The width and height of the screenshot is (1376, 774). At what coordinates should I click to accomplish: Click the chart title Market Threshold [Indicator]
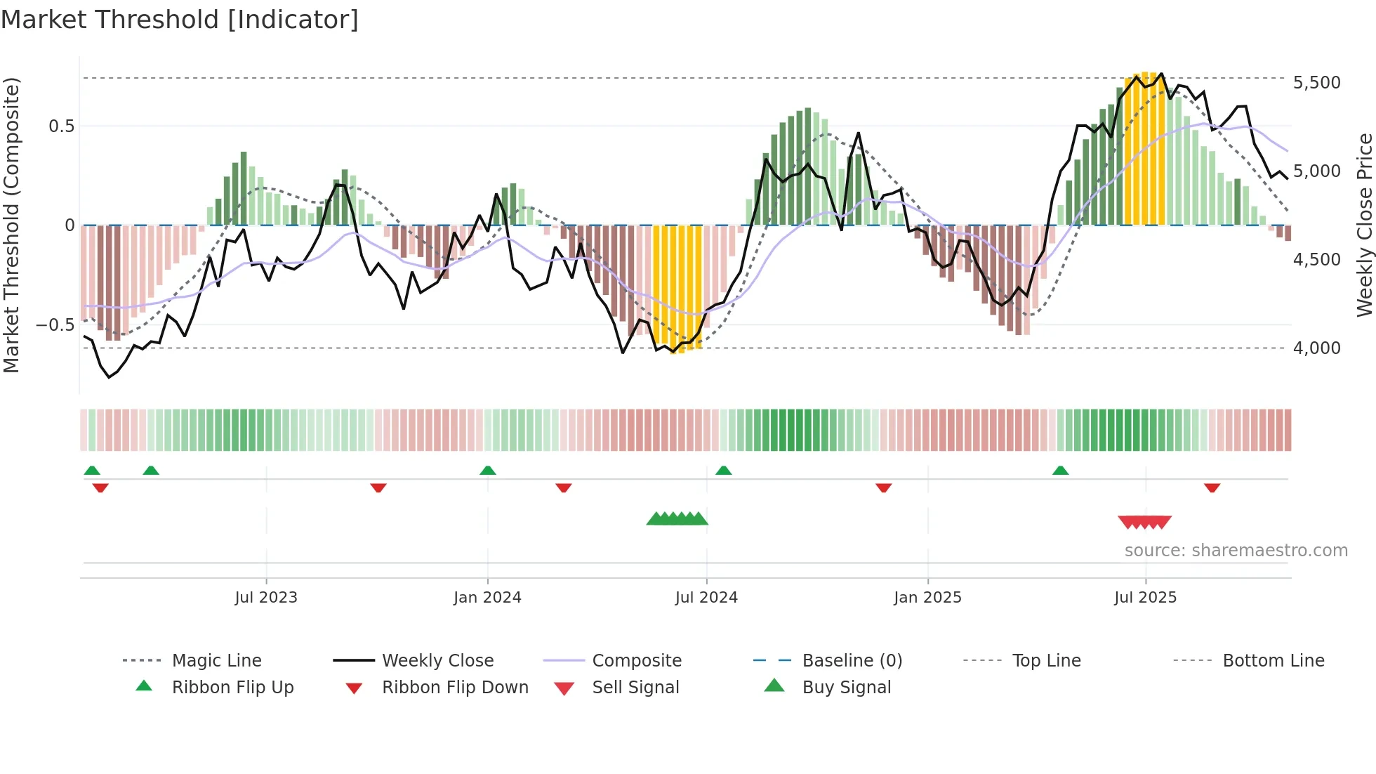click(x=180, y=20)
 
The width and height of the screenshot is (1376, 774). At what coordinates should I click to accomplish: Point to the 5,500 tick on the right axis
click(x=1316, y=83)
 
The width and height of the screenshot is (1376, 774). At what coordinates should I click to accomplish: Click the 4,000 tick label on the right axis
click(x=1316, y=348)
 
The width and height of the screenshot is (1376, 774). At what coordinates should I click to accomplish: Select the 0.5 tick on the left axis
click(x=61, y=126)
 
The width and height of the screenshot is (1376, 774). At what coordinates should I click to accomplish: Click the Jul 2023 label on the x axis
click(x=266, y=598)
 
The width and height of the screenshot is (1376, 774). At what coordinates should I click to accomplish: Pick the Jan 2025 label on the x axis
click(x=927, y=598)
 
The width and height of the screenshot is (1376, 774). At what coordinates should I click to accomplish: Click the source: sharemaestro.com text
click(x=1236, y=551)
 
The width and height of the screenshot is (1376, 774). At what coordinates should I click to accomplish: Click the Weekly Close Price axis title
click(x=1364, y=225)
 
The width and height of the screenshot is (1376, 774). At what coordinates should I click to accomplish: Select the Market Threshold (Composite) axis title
click(x=11, y=225)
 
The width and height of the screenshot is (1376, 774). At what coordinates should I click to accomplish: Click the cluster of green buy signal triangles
click(x=677, y=519)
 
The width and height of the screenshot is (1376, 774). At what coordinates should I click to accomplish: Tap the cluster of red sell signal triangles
click(x=1144, y=522)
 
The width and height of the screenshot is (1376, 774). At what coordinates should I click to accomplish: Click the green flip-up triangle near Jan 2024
click(x=488, y=470)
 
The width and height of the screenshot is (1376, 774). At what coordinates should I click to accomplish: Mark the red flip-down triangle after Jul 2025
click(x=1212, y=487)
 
